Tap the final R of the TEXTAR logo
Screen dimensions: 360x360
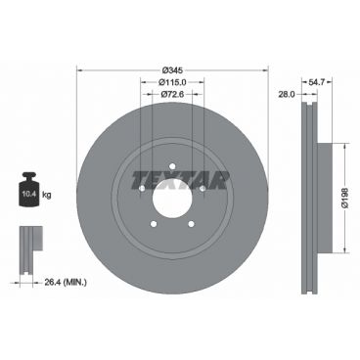pos(219,179)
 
